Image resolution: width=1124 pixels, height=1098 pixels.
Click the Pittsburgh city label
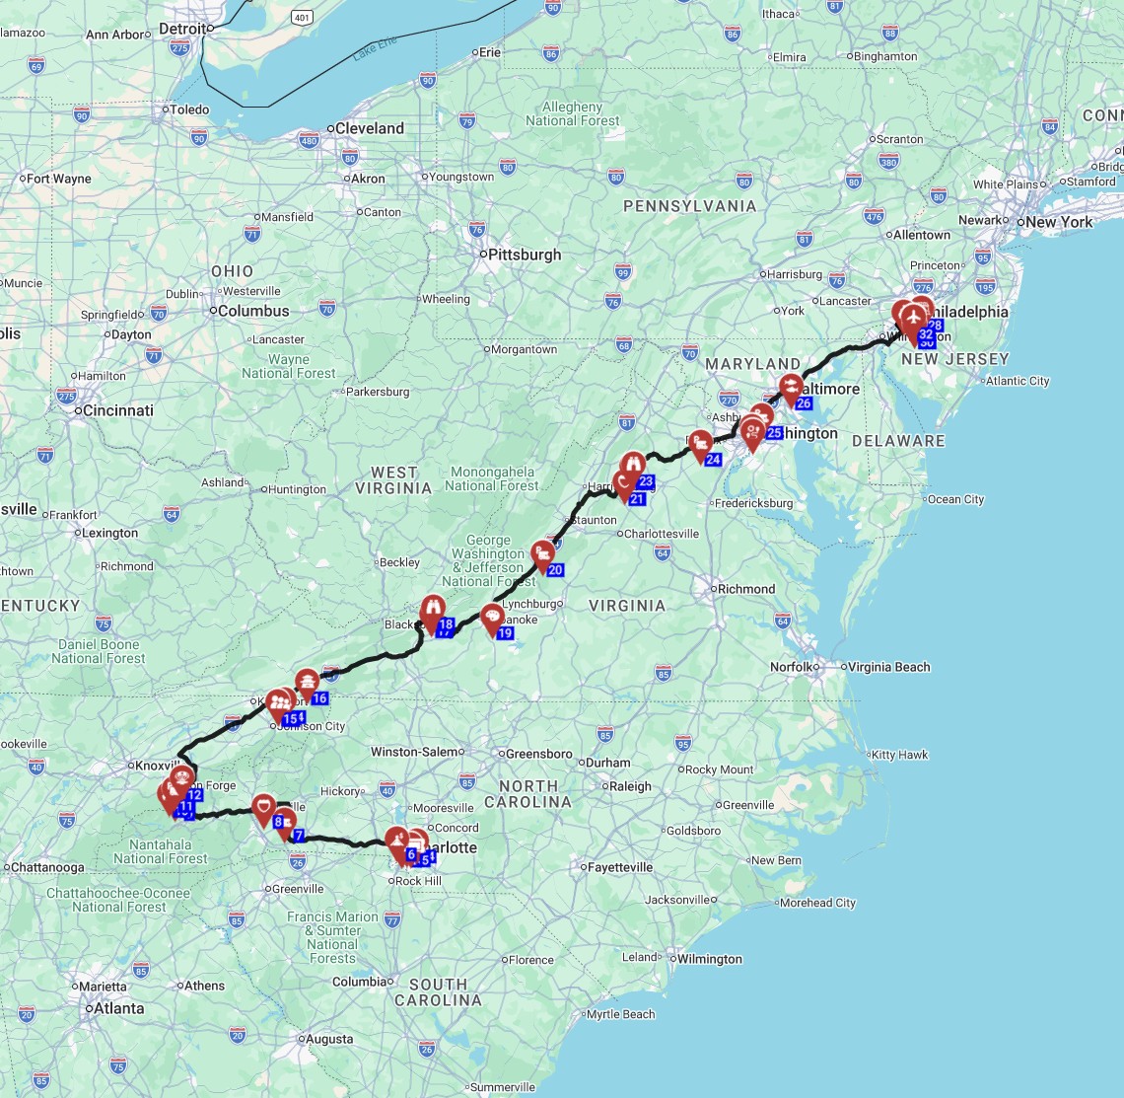[525, 255]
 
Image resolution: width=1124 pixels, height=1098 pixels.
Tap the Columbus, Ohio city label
[254, 311]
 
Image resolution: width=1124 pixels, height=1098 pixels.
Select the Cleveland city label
[369, 128]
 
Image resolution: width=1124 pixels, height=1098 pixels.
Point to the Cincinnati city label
[117, 410]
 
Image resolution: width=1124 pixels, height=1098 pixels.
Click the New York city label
[1059, 222]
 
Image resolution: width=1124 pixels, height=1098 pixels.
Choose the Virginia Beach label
[891, 667]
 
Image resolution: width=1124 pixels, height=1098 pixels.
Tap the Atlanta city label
[117, 1008]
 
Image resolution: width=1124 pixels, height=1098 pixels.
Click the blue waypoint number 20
[555, 570]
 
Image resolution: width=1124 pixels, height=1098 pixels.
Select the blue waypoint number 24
[714, 460]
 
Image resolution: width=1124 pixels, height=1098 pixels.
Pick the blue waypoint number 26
[804, 403]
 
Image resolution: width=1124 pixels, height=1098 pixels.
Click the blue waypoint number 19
[505, 633]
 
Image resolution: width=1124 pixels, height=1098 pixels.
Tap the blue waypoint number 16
[319, 698]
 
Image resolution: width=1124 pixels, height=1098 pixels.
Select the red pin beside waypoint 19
[492, 619]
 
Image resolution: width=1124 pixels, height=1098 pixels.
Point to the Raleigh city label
[630, 786]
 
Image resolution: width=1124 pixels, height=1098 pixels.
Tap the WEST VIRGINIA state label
[394, 479]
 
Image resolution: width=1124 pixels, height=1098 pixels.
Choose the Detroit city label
[182, 30]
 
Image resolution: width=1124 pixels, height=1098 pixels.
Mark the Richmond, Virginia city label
[746, 589]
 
